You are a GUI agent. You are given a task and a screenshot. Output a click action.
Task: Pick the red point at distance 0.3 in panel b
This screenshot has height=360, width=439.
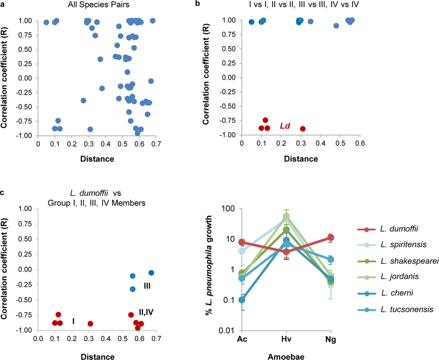[302, 129]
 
